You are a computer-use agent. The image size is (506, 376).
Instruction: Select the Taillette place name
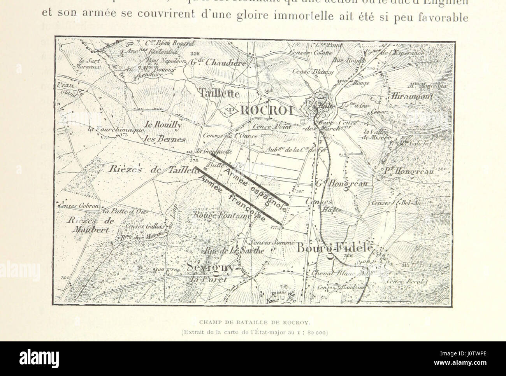click(220, 93)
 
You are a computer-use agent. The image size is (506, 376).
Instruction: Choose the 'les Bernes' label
click(165, 138)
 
